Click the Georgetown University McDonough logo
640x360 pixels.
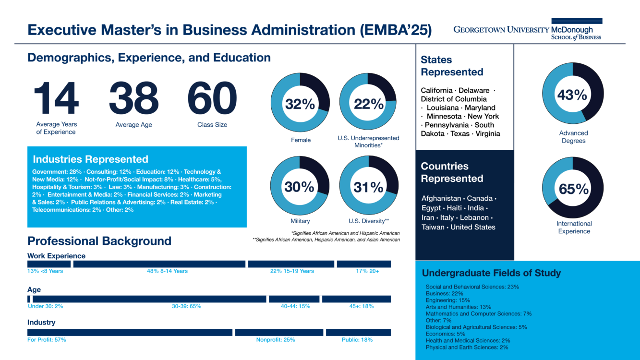[x=527, y=30]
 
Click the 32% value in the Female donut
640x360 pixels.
[x=300, y=104]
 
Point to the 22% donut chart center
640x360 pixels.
[x=368, y=104]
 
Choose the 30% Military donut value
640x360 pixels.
[x=300, y=187]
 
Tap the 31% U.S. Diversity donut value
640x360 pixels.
[x=368, y=187]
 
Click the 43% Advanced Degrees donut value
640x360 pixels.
[x=572, y=95]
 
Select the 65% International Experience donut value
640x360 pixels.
[x=573, y=189]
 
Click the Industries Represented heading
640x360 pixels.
[x=90, y=159]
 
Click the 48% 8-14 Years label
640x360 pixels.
[x=167, y=271]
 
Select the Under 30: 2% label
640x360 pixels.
[x=46, y=306]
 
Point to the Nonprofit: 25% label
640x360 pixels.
[x=275, y=340]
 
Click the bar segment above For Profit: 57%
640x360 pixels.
[x=130, y=332]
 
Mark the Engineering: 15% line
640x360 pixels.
[x=447, y=300]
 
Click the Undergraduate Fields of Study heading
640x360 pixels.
[x=491, y=273]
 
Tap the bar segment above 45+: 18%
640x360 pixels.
[x=356, y=299]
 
